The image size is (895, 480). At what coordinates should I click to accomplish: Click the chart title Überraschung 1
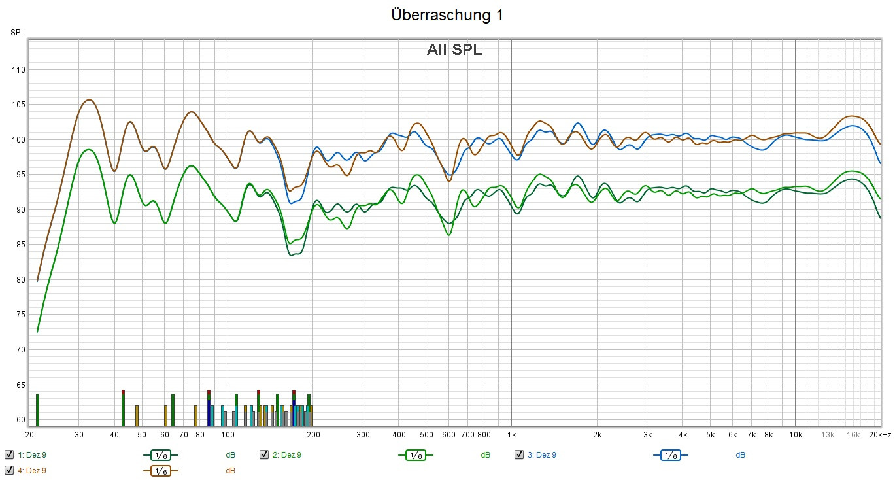447,16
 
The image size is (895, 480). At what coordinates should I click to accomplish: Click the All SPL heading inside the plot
454,50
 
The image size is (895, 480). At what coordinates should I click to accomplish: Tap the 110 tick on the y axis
18,70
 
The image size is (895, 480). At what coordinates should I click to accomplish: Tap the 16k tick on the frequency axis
853,435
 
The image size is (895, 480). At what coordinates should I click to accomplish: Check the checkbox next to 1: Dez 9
9,454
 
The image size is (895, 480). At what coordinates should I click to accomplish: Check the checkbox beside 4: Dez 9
9,470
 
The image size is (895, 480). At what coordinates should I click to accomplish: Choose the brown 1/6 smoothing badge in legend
160,470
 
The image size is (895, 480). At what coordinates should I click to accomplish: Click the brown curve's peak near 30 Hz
89,100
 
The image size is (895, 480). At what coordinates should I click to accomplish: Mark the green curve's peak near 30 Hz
88,150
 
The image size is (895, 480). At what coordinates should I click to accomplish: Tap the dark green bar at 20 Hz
38,409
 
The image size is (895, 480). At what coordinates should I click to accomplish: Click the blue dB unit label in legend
740,454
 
